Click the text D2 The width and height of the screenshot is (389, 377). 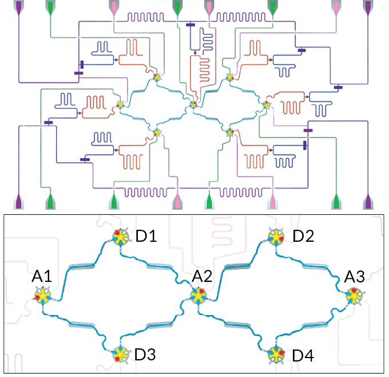[x=303, y=235]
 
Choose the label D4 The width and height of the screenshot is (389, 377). [x=303, y=355]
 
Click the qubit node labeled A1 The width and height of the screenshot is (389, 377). [x=43, y=297]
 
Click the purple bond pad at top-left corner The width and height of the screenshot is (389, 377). [x=20, y=7]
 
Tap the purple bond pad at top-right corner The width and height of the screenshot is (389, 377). [x=368, y=7]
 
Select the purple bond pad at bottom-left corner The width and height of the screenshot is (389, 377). [x=20, y=202]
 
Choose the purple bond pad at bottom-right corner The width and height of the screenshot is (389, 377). [x=368, y=202]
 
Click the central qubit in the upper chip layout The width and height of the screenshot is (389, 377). [x=193, y=105]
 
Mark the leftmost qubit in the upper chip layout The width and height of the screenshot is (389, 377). [x=121, y=105]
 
